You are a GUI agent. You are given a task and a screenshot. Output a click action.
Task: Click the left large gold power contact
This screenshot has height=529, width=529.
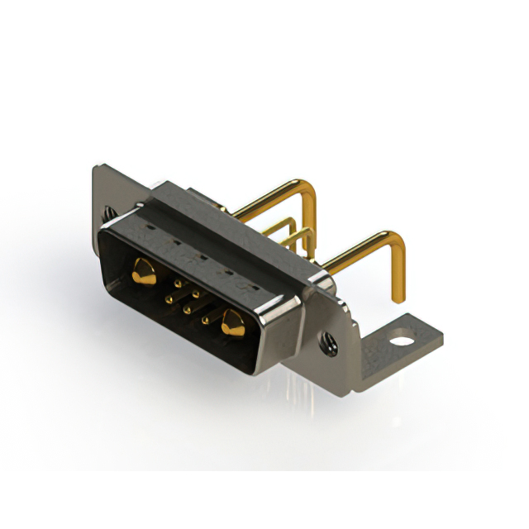tap(144, 271)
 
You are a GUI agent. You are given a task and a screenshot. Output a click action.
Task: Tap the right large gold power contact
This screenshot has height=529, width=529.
tap(232, 323)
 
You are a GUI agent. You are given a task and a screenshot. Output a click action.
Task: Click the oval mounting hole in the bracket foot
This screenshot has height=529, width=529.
tap(401, 339)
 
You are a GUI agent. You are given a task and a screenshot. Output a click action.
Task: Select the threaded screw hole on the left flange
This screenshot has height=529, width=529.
tap(107, 213)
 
